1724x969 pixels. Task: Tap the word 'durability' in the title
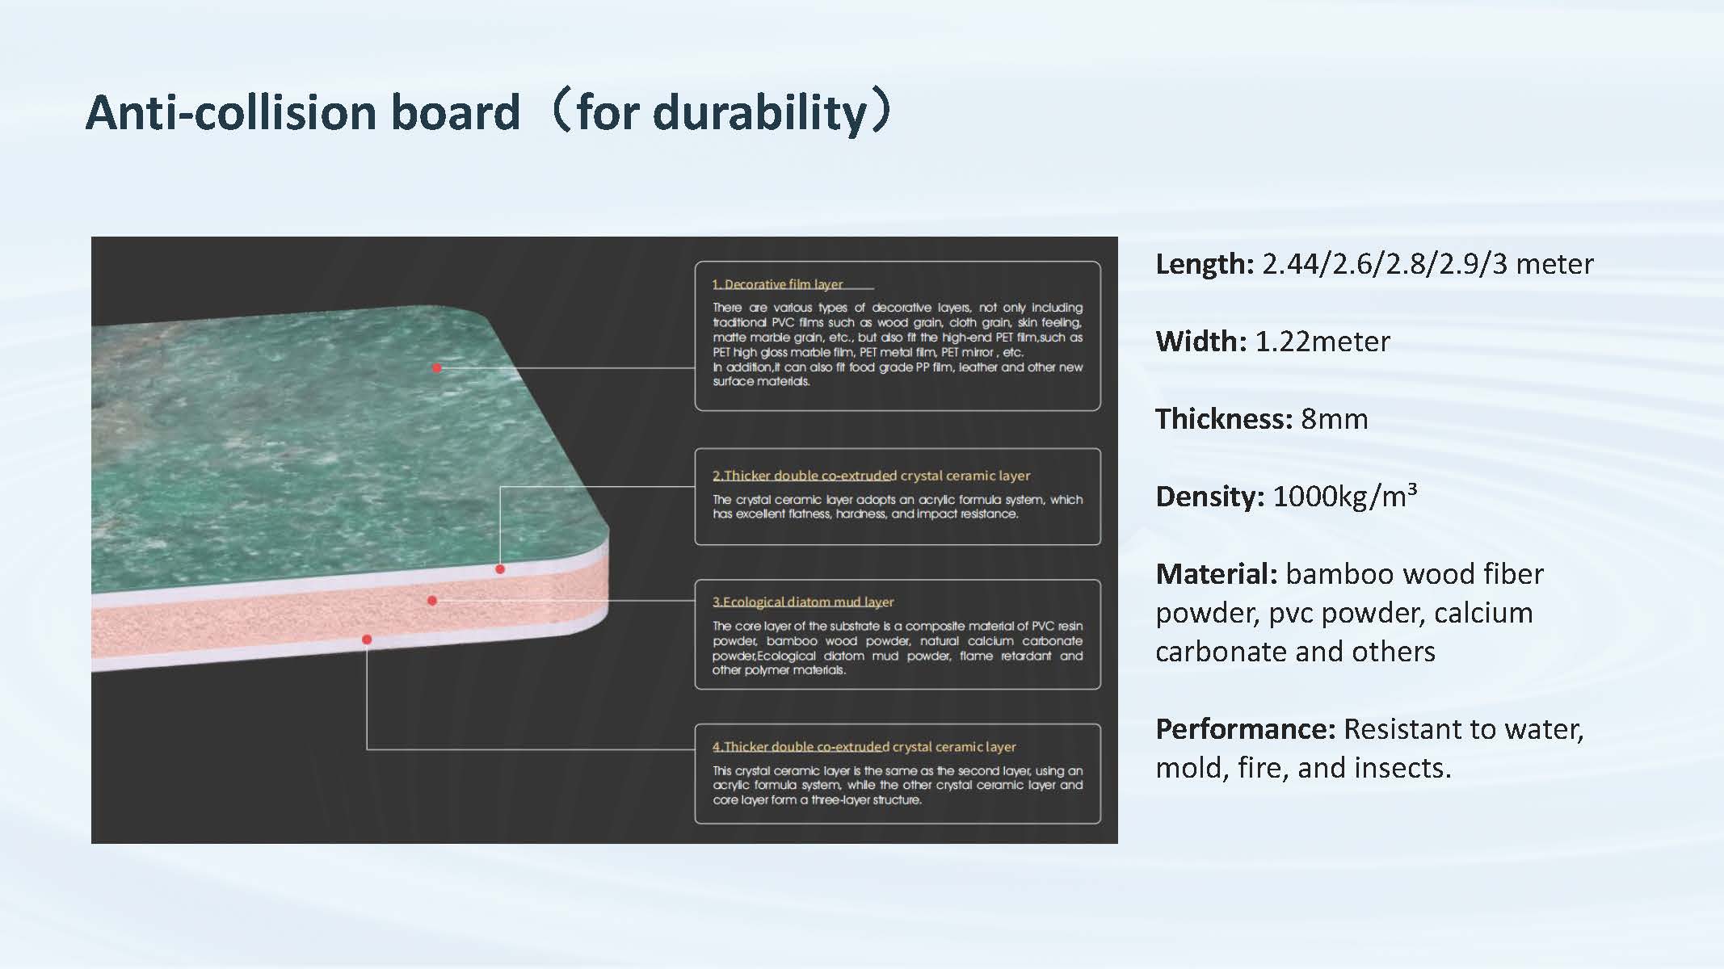pos(760,112)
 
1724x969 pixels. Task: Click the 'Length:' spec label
pos(1205,264)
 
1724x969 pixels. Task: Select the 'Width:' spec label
pos(1201,342)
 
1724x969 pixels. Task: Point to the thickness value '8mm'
pos(1334,419)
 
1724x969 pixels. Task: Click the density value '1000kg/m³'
pos(1345,496)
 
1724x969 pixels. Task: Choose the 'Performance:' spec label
pos(1245,729)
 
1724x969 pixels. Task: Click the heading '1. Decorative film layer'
pos(777,284)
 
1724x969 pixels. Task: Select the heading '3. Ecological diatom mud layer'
pos(803,602)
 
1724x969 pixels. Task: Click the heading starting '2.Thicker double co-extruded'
pos(871,476)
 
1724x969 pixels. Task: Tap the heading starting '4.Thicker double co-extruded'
pos(864,747)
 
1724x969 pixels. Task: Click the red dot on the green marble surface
pos(437,368)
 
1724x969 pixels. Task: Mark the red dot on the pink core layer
pos(432,601)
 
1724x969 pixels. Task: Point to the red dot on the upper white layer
pos(500,569)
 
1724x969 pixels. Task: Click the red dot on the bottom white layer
pos(367,640)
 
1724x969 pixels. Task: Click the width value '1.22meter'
pos(1322,342)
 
